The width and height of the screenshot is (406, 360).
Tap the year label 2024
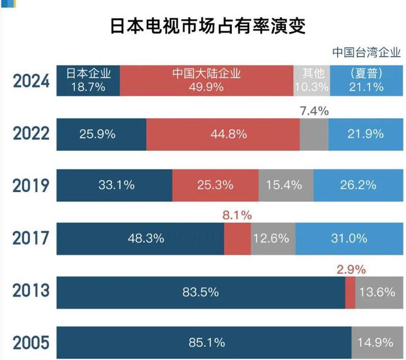[x=30, y=81]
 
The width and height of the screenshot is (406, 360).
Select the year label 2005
[x=30, y=343]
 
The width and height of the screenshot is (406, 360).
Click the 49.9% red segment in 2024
[x=206, y=81]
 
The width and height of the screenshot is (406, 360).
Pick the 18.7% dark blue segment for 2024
[x=89, y=81]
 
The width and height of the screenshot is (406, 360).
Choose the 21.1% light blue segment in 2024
[x=366, y=81]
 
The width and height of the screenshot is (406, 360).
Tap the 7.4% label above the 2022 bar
[x=314, y=111]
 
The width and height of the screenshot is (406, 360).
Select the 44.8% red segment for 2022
[x=223, y=134]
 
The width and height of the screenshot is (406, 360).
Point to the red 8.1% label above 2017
[x=237, y=216]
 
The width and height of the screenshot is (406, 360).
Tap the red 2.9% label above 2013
[x=351, y=269]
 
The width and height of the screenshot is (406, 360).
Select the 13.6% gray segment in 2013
[x=376, y=292]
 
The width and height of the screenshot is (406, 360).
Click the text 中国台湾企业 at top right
[x=365, y=52]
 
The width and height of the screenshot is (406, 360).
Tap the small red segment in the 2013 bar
[x=350, y=292]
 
